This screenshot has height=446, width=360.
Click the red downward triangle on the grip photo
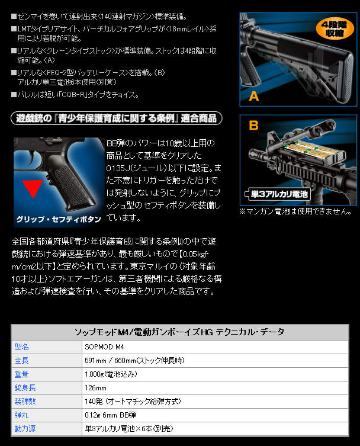click(33, 189)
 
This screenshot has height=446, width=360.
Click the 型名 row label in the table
click(21, 346)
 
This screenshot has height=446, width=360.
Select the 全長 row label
click(21, 360)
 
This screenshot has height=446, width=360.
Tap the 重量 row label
click(21, 374)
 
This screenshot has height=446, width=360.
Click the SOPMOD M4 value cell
click(104, 346)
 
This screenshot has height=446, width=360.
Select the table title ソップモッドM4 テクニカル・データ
click(179, 332)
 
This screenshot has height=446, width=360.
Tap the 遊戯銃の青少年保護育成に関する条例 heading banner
click(117, 118)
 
